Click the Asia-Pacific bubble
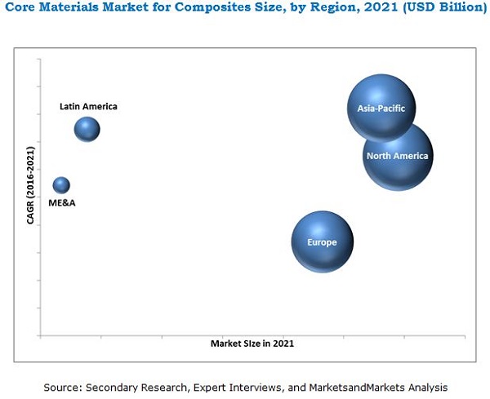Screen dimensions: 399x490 point(381,107)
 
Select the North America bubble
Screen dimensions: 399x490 point(399,156)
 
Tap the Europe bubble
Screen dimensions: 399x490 point(322,242)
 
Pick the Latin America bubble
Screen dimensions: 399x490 point(87,129)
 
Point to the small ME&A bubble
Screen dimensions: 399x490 point(61,185)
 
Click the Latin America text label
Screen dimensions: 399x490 point(88,106)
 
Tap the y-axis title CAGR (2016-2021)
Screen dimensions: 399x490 point(30,185)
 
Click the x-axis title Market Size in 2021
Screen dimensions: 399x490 point(252,344)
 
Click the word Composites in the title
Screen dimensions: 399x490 point(201,9)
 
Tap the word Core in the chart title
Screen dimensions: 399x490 point(20,9)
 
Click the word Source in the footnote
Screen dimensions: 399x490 point(60,387)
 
